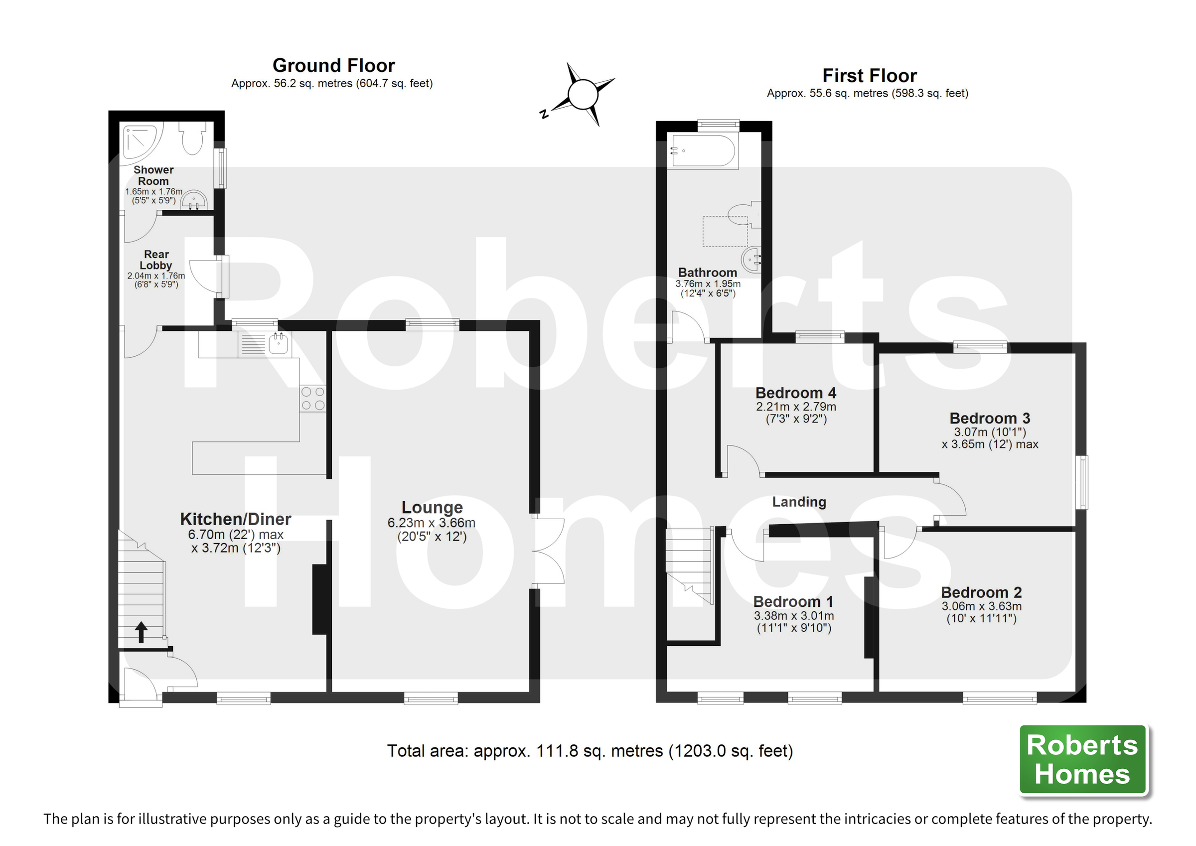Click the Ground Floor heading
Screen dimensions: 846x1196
click(x=333, y=66)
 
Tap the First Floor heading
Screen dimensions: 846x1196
click(x=869, y=76)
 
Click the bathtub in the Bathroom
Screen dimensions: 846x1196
click(x=703, y=151)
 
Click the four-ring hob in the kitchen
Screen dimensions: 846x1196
click(x=312, y=399)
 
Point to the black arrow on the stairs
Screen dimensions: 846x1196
click(x=141, y=632)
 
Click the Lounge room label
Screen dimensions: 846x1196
click(x=432, y=507)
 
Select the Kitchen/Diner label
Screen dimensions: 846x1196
click(x=235, y=519)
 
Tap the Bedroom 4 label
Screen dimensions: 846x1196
click(x=795, y=393)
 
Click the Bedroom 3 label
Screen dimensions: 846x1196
click(x=989, y=419)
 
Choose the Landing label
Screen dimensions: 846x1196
click(x=798, y=502)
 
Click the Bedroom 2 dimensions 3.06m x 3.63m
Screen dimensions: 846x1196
click(x=981, y=606)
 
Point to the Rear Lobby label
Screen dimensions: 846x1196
click(x=156, y=260)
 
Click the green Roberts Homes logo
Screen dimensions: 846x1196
click(x=1082, y=759)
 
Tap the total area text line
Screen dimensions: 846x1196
click(x=589, y=751)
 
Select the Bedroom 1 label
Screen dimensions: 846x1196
click(x=793, y=602)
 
